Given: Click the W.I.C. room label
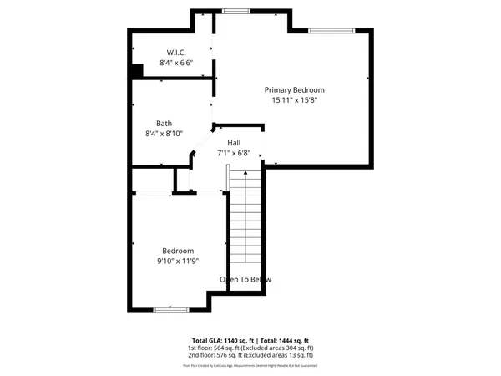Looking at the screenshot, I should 175,53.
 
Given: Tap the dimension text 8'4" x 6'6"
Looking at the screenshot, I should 176,63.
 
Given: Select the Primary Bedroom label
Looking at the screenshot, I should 294,89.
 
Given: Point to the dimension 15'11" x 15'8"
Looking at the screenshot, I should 295,100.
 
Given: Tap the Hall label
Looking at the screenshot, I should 234,143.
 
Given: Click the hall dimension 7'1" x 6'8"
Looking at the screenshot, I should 234,154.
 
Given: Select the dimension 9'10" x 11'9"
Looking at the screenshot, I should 179,261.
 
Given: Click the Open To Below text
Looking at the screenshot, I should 245,279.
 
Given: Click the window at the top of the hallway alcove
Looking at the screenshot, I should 235,11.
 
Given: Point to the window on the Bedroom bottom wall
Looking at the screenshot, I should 170,310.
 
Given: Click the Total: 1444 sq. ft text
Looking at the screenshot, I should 285,341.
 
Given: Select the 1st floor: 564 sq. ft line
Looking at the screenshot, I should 250,348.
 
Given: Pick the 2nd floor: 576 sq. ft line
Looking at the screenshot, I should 250,357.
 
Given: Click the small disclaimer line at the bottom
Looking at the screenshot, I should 250,366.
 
